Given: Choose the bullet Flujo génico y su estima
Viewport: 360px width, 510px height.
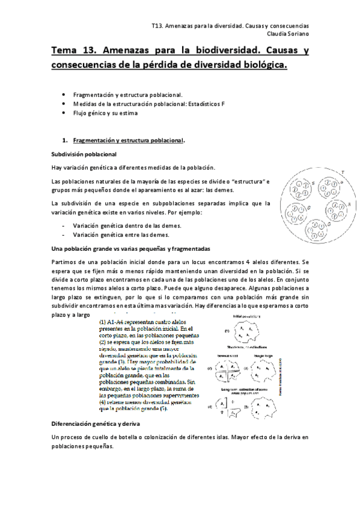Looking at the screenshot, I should coord(105,112).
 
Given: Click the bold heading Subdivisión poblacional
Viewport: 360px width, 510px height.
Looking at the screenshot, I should coord(83,155).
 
